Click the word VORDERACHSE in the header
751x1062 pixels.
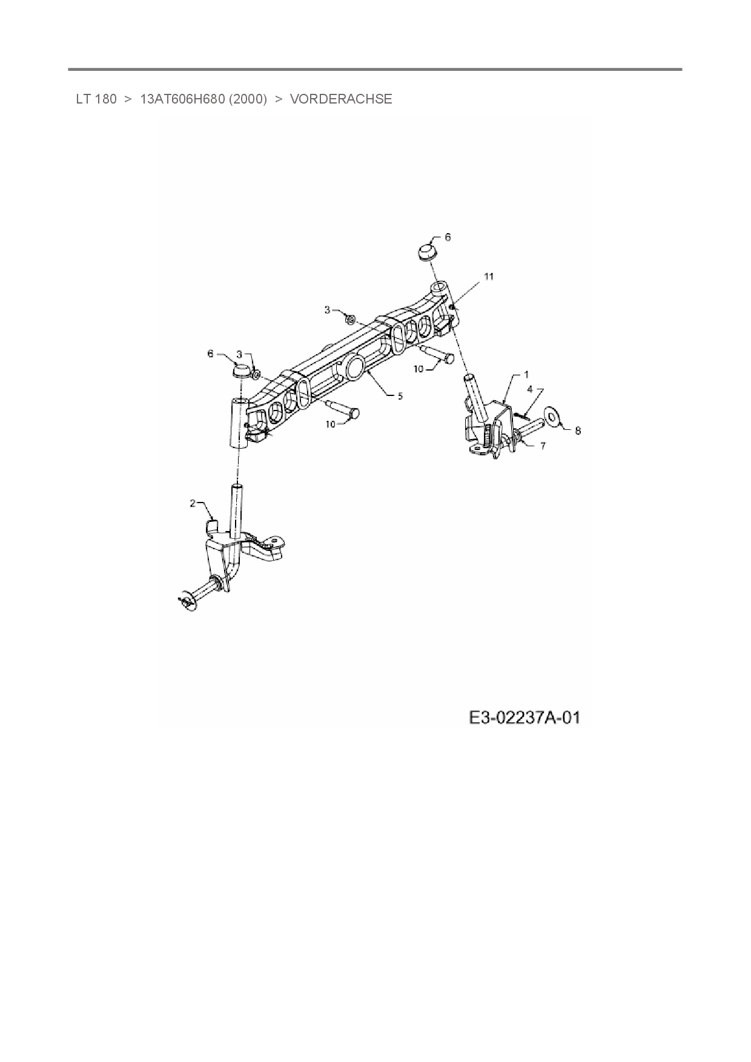[x=341, y=99]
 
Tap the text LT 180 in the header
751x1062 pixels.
[x=96, y=99]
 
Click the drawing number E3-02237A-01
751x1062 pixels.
[x=524, y=718]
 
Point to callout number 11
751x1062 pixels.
[x=489, y=277]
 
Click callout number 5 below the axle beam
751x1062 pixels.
[x=400, y=396]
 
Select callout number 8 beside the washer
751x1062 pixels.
[x=578, y=430]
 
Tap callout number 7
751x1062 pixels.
[x=543, y=446]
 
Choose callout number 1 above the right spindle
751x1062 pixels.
[x=526, y=374]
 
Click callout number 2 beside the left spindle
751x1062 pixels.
[x=193, y=503]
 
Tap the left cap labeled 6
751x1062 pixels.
[x=242, y=369]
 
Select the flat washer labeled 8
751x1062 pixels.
[x=552, y=414]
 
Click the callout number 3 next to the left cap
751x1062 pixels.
[x=239, y=354]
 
